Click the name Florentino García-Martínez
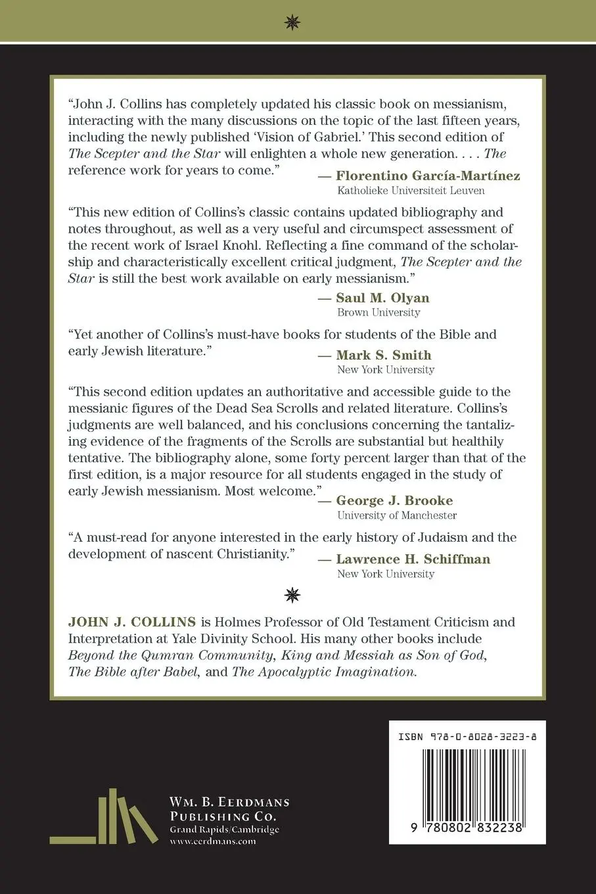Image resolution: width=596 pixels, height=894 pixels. [x=428, y=176]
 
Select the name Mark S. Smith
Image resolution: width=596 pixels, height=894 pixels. [x=383, y=356]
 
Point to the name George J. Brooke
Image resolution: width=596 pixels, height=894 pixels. [x=394, y=501]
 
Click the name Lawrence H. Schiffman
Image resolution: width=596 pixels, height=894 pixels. [x=413, y=559]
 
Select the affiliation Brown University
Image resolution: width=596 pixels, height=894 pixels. [x=378, y=313]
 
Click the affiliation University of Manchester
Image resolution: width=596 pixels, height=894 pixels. [x=397, y=516]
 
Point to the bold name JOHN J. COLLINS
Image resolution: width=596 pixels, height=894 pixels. [x=132, y=622]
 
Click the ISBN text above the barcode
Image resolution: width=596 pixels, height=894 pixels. [x=467, y=738]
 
